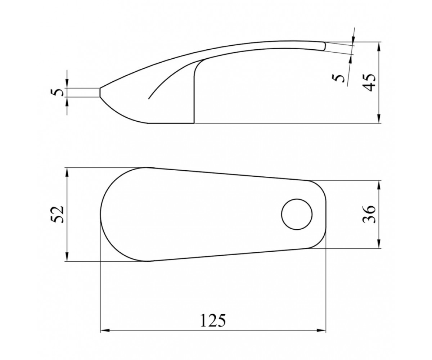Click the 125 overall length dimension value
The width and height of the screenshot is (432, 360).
(x=213, y=321)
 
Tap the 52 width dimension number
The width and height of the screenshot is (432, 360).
(x=57, y=214)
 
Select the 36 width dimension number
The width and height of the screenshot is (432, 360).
(x=369, y=214)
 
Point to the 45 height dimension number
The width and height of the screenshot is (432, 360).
(x=369, y=82)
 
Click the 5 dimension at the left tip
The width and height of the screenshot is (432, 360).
(x=57, y=93)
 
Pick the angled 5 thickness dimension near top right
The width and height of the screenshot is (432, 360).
(x=338, y=78)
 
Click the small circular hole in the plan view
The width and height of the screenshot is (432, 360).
(x=297, y=214)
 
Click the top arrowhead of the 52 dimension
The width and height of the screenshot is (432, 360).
(x=67, y=172)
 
